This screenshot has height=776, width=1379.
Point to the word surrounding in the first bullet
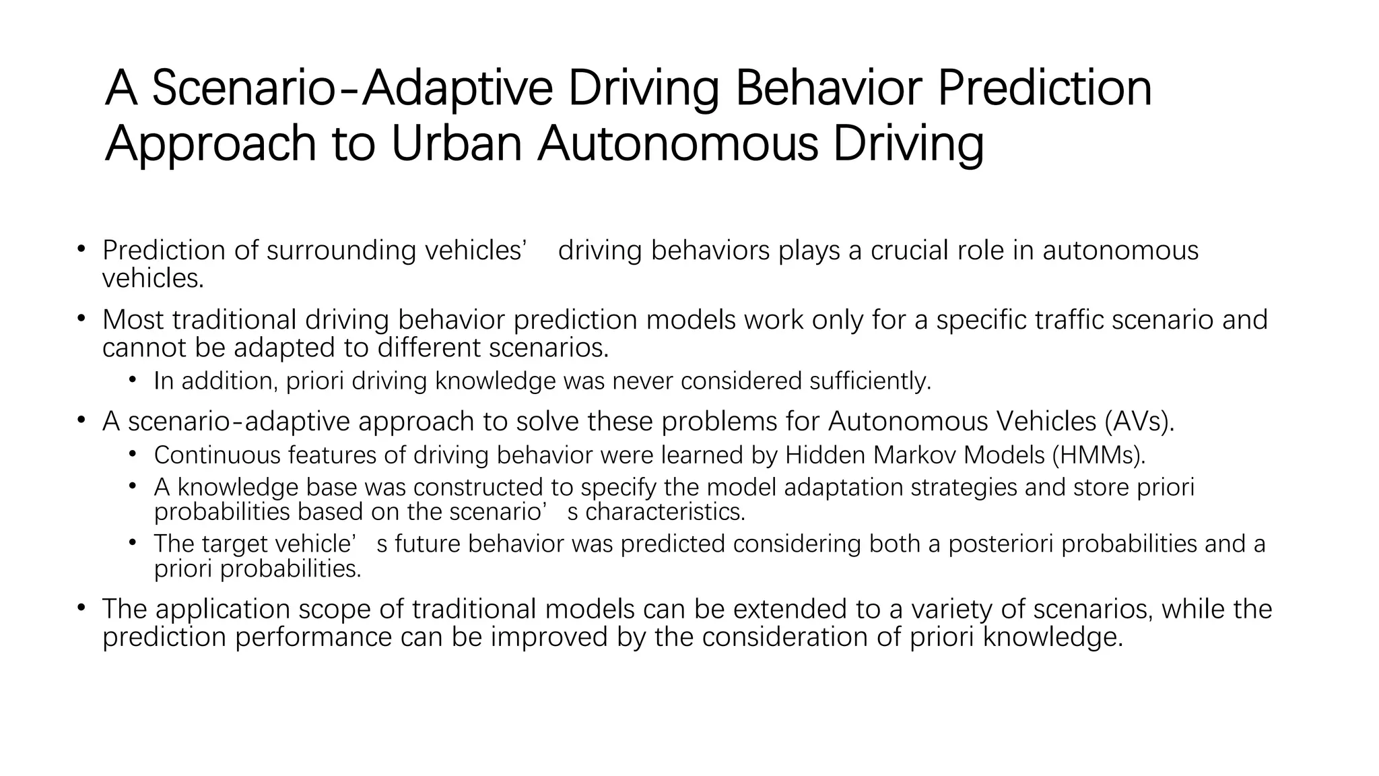click(x=341, y=251)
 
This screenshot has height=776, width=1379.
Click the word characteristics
click(x=665, y=512)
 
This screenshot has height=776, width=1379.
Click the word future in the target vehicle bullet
click(x=428, y=544)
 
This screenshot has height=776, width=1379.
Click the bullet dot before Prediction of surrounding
click(x=81, y=249)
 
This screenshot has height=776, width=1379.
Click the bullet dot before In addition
click(x=133, y=381)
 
